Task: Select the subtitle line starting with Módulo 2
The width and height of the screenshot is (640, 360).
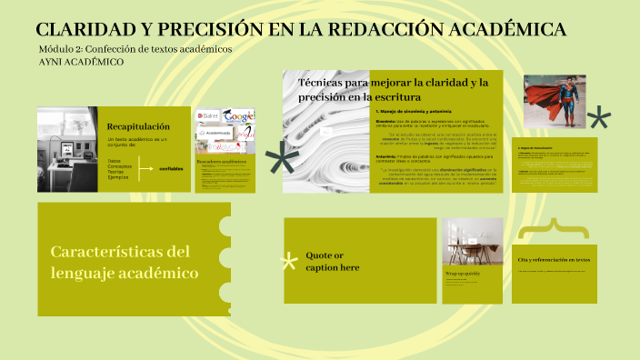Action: pos(135,49)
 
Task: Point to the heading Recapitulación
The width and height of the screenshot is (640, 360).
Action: pos(138,125)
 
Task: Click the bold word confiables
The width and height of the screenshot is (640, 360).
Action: pos(170,168)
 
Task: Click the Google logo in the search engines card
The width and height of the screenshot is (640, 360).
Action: pos(239,117)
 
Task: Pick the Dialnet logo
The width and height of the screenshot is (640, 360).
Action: pos(208,117)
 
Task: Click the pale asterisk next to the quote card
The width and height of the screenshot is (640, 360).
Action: pos(290,263)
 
